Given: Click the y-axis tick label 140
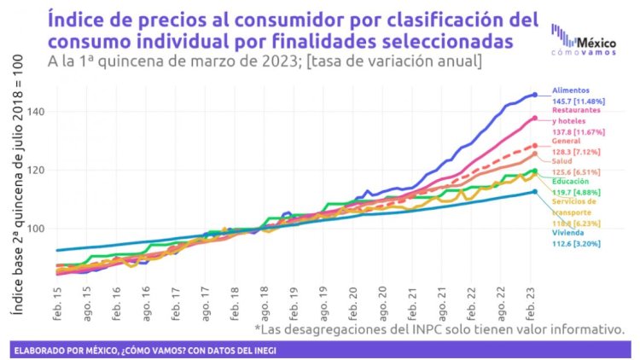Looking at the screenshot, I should point(38,112).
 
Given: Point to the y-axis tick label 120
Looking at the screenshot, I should point(38,171).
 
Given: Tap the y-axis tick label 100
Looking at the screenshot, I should point(38,229).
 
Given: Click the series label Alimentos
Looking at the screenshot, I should point(570,89).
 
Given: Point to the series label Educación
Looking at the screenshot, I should point(569,182).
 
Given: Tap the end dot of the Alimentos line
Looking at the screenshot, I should point(535,95).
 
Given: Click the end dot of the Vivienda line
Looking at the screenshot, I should point(535,192).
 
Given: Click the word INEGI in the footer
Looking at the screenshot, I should point(265,350).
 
